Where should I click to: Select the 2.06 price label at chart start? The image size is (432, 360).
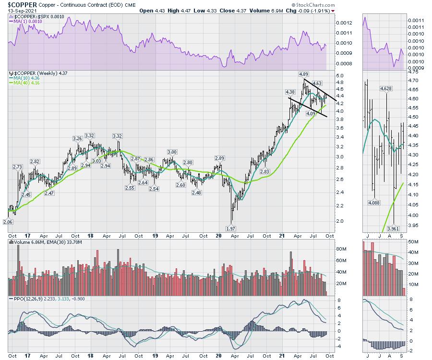point(8,222)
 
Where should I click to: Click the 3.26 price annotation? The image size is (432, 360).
point(77,138)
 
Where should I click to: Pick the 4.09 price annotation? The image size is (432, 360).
point(311,113)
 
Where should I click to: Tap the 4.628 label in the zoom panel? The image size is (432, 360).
point(386,89)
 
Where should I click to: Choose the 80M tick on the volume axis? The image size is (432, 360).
point(341,249)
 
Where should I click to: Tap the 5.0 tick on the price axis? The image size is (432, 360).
point(340,76)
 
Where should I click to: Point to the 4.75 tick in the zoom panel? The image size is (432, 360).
point(414,72)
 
